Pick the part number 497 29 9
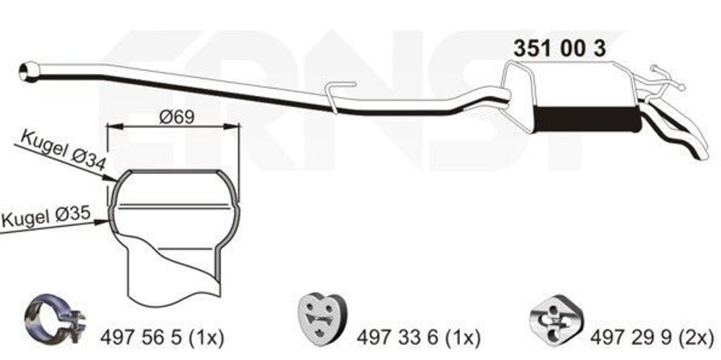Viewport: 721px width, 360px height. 632,338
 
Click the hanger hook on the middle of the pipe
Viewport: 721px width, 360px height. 339,95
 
